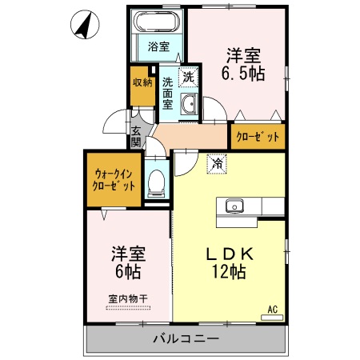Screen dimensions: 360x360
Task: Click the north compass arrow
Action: pos(82,25)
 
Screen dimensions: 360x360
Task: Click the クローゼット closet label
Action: pos(258,137)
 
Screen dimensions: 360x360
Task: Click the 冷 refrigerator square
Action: pos(217,163)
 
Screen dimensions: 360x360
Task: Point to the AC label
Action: pos(271,309)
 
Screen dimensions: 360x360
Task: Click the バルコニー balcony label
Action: pos(186,340)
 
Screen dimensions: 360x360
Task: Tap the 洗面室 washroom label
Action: pos(168,93)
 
